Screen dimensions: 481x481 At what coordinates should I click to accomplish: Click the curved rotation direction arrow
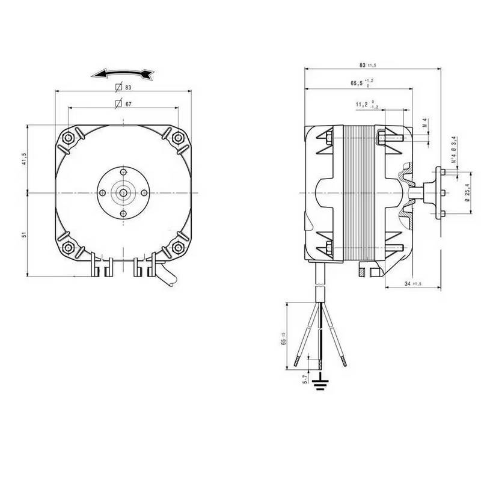123,74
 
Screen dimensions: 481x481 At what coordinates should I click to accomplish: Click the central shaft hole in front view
123,192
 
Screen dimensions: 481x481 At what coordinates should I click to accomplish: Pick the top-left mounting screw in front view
70,137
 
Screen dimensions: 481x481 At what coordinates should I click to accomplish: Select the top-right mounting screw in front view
177,137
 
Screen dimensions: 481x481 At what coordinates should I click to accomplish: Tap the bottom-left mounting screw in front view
70,247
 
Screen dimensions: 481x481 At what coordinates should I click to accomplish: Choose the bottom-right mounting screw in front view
177,247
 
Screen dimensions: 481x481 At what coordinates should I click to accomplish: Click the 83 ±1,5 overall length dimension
367,64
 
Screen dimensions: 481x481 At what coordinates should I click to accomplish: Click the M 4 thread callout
424,124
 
